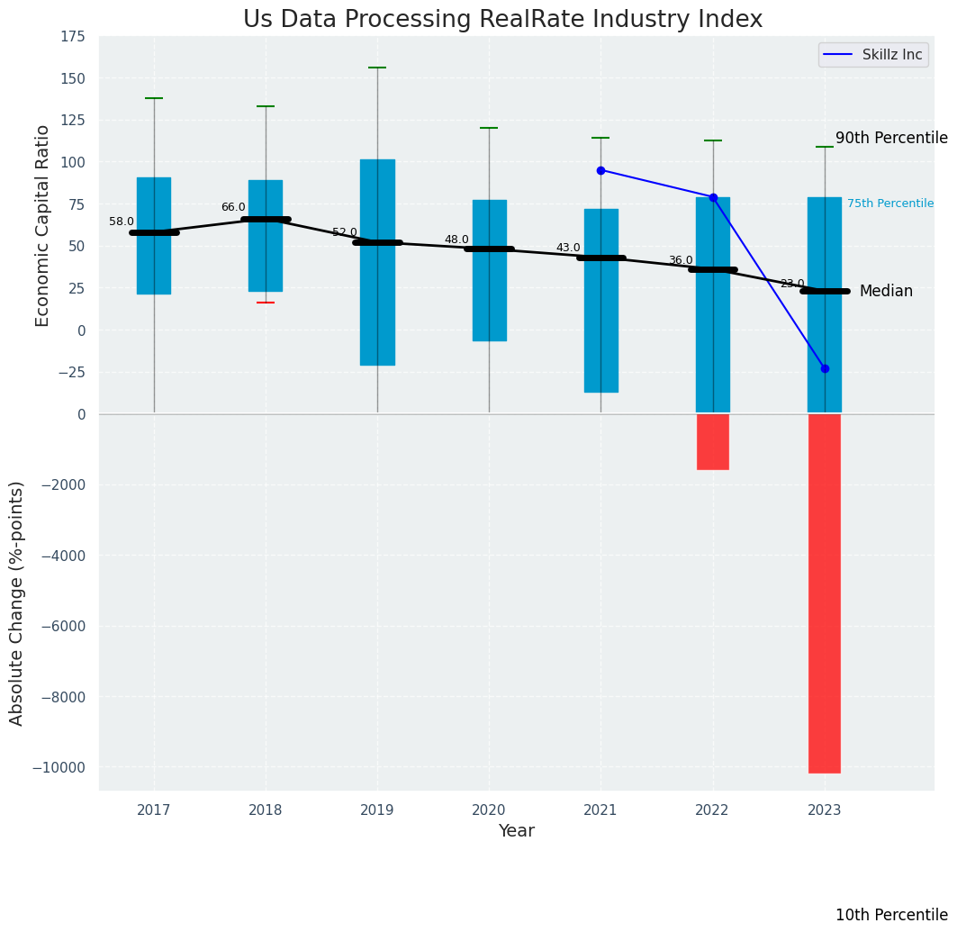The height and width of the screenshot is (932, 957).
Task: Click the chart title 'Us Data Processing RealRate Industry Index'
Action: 502,20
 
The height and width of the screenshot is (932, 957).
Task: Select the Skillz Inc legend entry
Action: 872,55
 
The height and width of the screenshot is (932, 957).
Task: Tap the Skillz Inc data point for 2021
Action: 600,170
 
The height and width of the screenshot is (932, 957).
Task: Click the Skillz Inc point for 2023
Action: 825,368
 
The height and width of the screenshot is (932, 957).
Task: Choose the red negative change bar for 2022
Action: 713,441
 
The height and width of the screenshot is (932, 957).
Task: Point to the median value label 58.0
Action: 122,222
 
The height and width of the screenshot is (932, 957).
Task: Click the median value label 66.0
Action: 233,207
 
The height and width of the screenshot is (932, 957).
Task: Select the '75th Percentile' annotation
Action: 889,204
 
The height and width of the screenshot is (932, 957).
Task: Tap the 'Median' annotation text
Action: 886,291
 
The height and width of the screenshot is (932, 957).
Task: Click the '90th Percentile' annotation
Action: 891,138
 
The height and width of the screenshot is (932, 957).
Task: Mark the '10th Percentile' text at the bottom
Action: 891,915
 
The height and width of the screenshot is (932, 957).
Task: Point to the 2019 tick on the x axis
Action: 377,810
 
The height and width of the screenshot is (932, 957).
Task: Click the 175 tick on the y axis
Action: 73,36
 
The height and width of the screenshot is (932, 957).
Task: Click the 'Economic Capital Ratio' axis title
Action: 43,225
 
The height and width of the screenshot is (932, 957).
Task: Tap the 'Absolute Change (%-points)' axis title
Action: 17,602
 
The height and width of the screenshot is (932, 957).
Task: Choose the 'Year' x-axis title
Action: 517,831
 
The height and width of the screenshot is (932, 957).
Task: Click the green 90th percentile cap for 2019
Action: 377,68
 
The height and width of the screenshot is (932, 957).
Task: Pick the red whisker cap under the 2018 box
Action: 266,303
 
